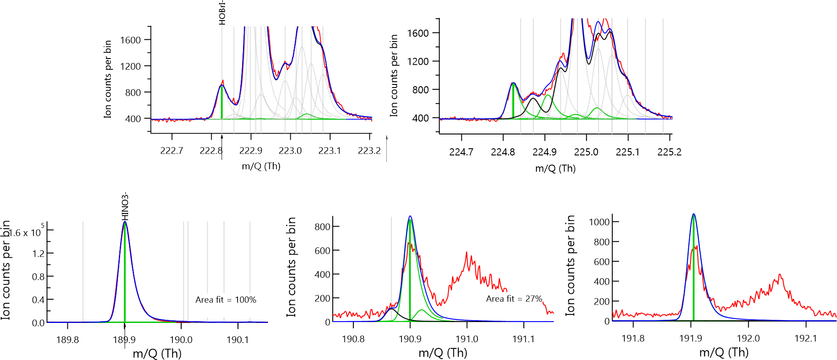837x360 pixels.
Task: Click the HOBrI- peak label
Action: (x=222, y=13)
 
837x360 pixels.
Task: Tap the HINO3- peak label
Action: (x=125, y=206)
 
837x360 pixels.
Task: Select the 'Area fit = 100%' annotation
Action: (x=226, y=300)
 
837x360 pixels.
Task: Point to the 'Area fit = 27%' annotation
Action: (x=514, y=299)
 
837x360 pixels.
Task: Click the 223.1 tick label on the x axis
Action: (x=330, y=151)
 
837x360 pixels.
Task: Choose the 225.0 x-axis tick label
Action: (x=586, y=152)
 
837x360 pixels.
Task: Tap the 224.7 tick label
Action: (x=461, y=152)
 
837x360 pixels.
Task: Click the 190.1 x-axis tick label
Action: (x=238, y=340)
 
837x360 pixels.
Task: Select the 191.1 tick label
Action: (x=523, y=339)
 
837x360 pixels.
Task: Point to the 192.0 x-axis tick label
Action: (x=748, y=339)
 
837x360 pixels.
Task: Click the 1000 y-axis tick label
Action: (x=599, y=222)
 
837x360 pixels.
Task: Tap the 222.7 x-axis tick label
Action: (x=172, y=151)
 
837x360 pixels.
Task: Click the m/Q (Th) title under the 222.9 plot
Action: (x=261, y=167)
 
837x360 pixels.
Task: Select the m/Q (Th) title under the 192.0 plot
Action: (x=724, y=353)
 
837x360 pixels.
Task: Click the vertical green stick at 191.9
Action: (x=693, y=281)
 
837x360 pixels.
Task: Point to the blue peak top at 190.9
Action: (x=410, y=217)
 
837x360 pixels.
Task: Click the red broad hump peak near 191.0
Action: (x=467, y=253)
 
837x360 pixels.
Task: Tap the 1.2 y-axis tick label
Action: (x=38, y=254)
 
